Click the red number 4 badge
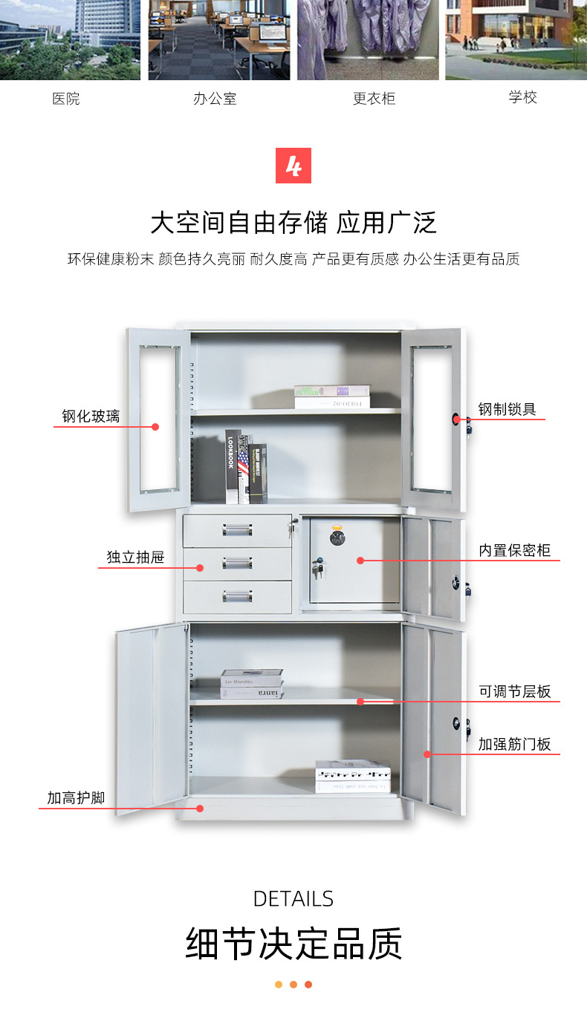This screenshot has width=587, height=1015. [x=293, y=166]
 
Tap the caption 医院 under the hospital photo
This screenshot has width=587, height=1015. [x=66, y=99]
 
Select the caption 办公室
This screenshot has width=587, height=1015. [x=215, y=99]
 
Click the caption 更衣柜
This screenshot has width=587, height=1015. [x=374, y=99]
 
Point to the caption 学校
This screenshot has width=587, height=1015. [x=522, y=97]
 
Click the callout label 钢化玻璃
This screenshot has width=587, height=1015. [x=91, y=417]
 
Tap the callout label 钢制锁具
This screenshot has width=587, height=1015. [x=507, y=408]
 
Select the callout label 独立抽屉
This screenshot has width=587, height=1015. [x=135, y=557]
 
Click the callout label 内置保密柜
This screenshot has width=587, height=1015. [x=514, y=550]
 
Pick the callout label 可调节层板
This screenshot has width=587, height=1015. [x=514, y=691]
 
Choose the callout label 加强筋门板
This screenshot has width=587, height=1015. [x=514, y=744]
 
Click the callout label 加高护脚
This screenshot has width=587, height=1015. [x=76, y=798]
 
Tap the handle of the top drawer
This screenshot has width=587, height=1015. [x=237, y=529]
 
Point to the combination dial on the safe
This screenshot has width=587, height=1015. [x=339, y=538]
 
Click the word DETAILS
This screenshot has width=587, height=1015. [x=293, y=898]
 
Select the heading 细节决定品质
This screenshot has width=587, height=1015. [x=293, y=944]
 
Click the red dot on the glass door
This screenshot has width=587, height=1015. [x=155, y=426]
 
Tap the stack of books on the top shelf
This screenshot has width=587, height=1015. [x=331, y=396]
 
